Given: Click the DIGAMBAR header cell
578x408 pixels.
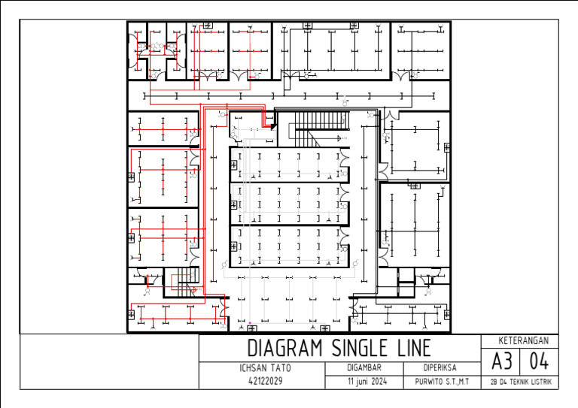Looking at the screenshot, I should tap(364, 368).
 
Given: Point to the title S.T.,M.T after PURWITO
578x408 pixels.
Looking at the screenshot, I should tap(458, 382).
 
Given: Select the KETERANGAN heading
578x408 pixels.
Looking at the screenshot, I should tap(519, 340).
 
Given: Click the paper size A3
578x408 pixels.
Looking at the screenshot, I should tap(501, 361).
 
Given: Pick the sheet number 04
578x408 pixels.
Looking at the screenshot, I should tap(539, 361).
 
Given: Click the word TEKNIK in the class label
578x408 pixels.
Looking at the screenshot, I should tap(518, 382).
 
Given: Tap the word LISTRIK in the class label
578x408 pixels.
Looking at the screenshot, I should tap(543, 382).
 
